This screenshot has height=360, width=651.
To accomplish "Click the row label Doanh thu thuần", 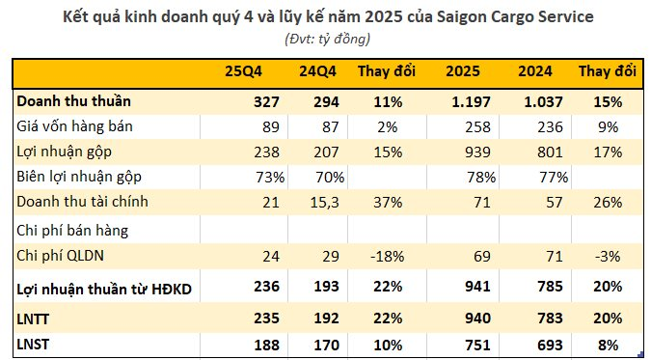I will point(73,99).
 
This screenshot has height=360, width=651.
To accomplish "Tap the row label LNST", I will point(35,343).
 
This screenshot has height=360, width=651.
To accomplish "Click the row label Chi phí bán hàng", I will point(73,230).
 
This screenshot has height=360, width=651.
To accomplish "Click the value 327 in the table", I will point(263,99).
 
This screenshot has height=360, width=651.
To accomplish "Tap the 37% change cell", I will point(389,202).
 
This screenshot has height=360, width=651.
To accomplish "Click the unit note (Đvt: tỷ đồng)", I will point(328,39).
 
